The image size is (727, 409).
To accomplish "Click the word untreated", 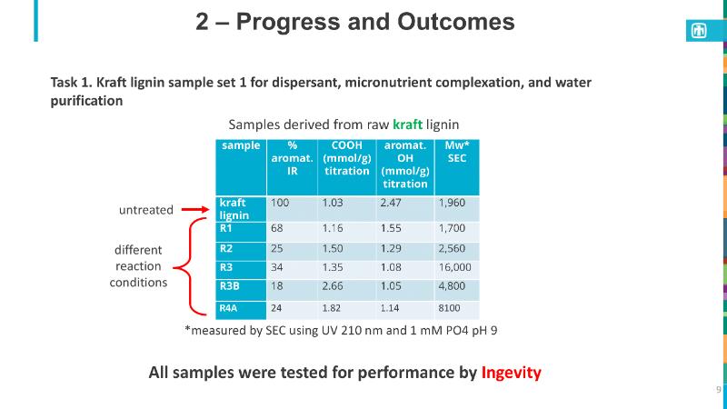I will tap(146, 209).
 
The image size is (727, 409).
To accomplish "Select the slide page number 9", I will tap(717, 390).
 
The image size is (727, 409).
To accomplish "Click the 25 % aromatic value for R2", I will tap(277, 247).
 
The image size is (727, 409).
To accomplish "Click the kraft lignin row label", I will tap(234, 208).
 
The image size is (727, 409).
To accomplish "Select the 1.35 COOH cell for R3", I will tap(334, 268).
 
